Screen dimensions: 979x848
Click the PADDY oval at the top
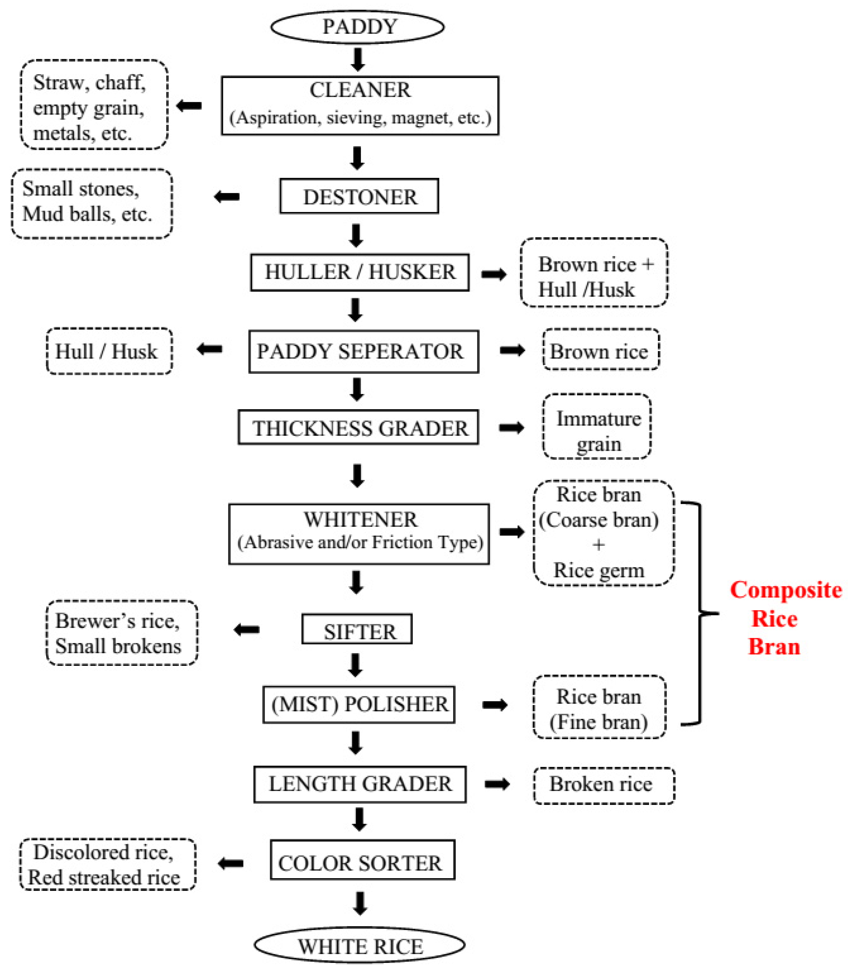(x=358, y=27)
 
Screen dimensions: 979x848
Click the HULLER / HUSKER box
(x=360, y=272)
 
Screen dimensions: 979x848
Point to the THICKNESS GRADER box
(x=358, y=427)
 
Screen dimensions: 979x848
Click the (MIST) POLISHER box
(x=359, y=704)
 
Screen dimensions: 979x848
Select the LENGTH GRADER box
(x=360, y=784)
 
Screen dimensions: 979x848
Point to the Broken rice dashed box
(x=604, y=785)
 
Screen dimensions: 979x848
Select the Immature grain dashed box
(x=597, y=426)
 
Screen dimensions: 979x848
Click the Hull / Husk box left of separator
(x=109, y=351)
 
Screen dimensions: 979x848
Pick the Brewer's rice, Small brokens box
(x=122, y=633)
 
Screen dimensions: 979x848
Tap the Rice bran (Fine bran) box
(x=599, y=707)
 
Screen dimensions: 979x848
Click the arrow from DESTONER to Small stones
(x=227, y=196)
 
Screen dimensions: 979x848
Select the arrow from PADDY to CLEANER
(x=358, y=60)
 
